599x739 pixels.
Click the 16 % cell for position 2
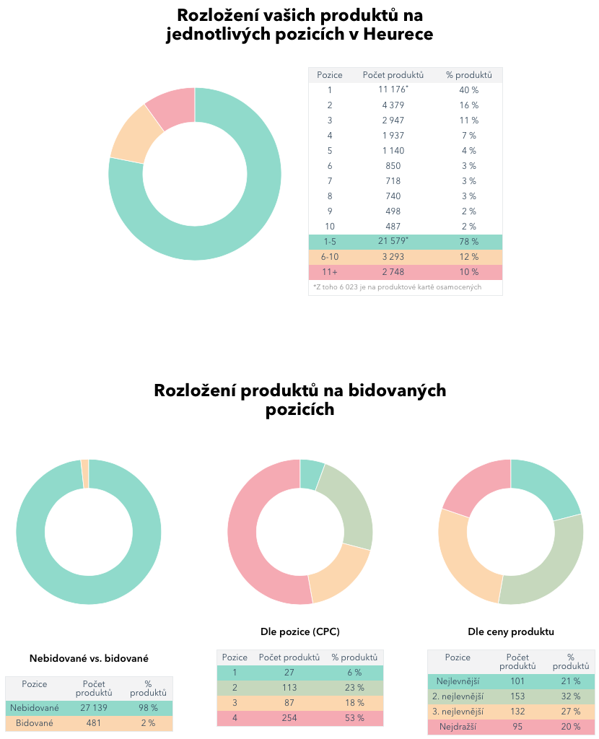click(469, 105)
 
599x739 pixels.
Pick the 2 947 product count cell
click(393, 120)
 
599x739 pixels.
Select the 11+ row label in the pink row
click(329, 272)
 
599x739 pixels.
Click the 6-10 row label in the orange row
click(329, 257)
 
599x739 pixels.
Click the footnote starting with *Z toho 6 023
click(397, 287)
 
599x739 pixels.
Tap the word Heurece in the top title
click(398, 34)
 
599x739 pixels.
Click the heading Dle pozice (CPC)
click(300, 631)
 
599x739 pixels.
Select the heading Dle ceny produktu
click(511, 631)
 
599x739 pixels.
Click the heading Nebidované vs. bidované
click(89, 658)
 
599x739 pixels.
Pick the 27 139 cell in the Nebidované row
click(93, 709)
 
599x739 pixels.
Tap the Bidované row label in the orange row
click(34, 723)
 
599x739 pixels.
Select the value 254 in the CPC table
click(289, 718)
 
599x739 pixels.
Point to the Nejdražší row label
click(458, 726)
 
